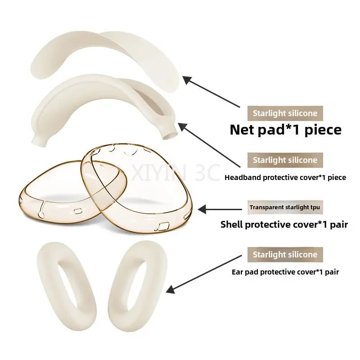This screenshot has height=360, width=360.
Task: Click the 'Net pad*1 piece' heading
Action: (285, 130)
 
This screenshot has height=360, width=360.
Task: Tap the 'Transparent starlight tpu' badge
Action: (285, 207)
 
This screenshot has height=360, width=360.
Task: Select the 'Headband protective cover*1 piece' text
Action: (285, 177)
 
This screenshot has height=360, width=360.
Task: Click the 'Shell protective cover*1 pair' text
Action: (284, 224)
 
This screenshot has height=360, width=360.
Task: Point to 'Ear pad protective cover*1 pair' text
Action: (285, 272)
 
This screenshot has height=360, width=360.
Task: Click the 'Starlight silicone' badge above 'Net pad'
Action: (285, 113)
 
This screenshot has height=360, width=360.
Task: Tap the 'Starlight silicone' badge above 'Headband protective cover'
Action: (285, 160)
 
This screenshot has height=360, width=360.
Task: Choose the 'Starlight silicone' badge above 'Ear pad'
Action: (285, 255)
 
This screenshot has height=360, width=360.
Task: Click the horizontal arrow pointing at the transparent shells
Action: (220, 209)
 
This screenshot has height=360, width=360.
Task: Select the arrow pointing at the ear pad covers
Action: (204, 274)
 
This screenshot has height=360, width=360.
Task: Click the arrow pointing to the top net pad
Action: (211, 92)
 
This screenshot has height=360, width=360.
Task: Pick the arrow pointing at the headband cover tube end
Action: (209, 145)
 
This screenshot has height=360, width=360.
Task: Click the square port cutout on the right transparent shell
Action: (164, 227)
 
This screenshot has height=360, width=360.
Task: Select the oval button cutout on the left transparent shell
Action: (78, 211)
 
